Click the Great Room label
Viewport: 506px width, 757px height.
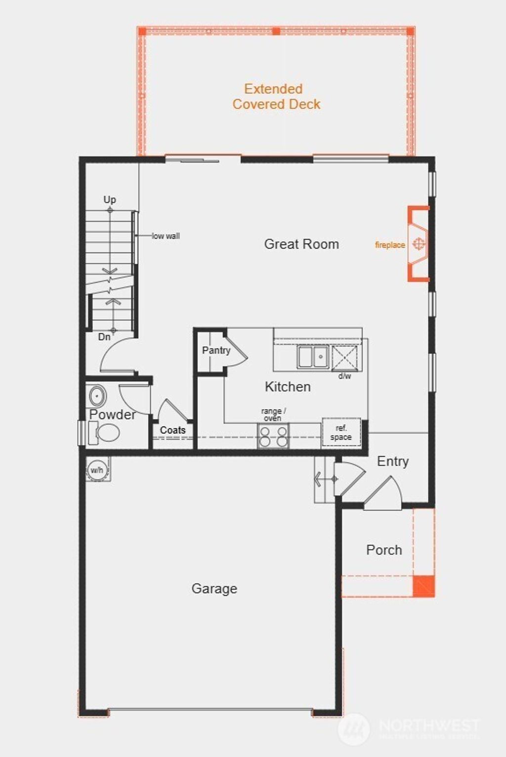(301, 244)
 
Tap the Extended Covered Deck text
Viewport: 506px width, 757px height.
(276, 97)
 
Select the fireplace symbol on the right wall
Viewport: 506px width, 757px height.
(419, 244)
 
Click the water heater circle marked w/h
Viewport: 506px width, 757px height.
(97, 469)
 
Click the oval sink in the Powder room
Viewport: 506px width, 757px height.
(97, 396)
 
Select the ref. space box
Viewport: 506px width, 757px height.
(341, 433)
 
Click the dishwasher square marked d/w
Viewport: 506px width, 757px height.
(344, 357)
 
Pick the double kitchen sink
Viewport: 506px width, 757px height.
(313, 357)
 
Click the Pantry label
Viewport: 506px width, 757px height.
(216, 350)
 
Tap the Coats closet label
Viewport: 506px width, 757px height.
(172, 430)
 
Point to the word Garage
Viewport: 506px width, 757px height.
(214, 589)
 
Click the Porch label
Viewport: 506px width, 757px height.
(384, 550)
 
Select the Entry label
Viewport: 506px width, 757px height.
(393, 462)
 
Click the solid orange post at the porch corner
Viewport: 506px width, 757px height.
(424, 586)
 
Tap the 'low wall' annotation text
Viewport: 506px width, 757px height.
(166, 236)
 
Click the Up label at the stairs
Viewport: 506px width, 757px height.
(110, 200)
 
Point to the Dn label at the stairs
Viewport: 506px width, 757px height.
(104, 337)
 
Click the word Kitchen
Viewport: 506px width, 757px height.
(288, 387)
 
